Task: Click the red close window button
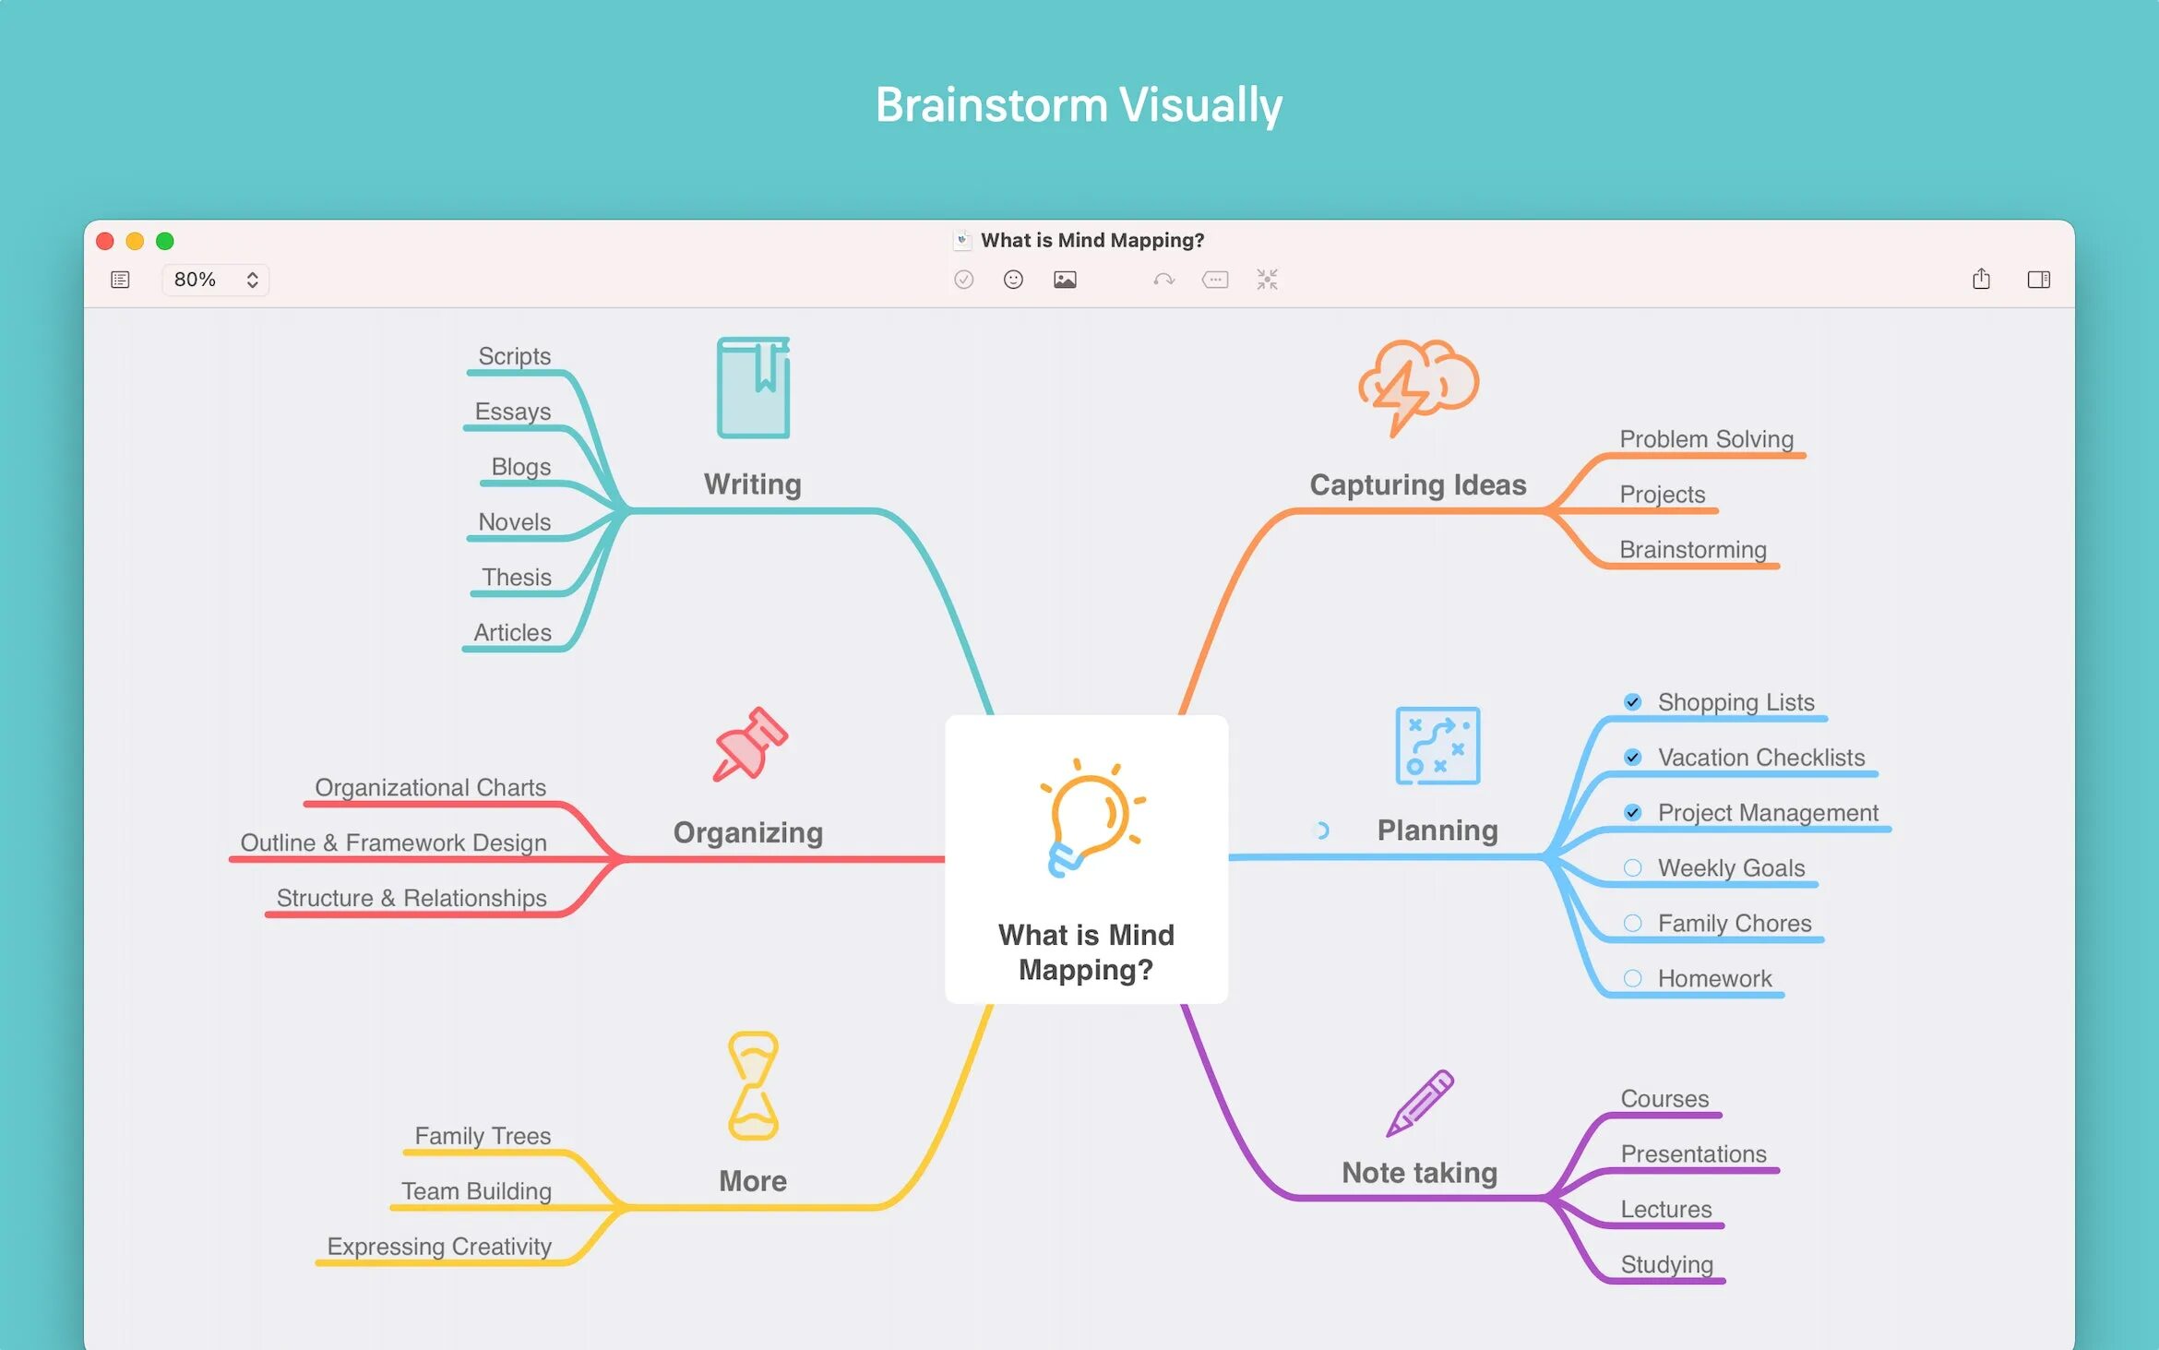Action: [105, 241]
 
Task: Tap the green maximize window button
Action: [165, 241]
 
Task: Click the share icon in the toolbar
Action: [1981, 279]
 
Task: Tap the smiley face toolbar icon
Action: [1013, 280]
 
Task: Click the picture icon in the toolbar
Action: [1065, 280]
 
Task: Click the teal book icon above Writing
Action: [754, 388]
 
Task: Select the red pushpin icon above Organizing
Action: [750, 745]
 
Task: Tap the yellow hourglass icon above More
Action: [753, 1086]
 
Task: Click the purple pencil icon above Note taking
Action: [1420, 1103]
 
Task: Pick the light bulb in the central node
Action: [1090, 818]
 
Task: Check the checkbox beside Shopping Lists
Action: [1632, 702]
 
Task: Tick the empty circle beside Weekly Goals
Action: [1632, 868]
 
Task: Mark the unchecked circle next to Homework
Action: [1632, 979]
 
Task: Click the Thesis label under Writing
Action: [516, 578]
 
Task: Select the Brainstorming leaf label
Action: [1692, 550]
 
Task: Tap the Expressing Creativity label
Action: [439, 1247]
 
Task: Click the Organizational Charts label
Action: [430, 787]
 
